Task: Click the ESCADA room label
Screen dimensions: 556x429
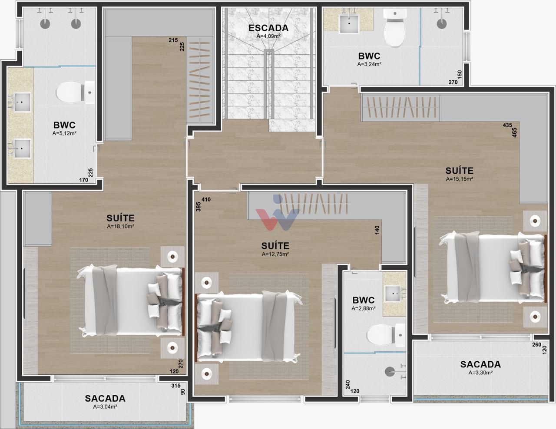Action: tap(268, 28)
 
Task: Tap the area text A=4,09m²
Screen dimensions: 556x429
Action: tap(268, 36)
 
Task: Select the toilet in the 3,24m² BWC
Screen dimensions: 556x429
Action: tap(395, 28)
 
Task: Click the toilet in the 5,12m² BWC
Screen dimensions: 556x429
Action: tap(76, 92)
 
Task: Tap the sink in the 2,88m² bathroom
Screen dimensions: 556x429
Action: tap(393, 294)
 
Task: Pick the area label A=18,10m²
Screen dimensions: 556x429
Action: tap(120, 226)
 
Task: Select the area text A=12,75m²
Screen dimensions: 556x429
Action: tap(275, 254)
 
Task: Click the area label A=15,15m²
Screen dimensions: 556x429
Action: tap(459, 179)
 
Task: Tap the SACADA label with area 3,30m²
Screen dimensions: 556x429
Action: tap(480, 364)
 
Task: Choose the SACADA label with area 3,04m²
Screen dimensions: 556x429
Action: tap(105, 398)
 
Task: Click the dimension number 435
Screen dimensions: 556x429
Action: tap(507, 125)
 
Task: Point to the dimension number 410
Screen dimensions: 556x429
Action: tap(206, 199)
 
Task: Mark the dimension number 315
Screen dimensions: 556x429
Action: tap(176, 386)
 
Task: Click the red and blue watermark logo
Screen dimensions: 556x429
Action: tap(278, 212)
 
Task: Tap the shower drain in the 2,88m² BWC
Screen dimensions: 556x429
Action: tap(390, 372)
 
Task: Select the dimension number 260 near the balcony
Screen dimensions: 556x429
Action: tap(537, 345)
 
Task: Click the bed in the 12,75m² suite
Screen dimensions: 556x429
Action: tap(248, 328)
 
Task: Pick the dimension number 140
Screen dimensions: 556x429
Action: tap(377, 230)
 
